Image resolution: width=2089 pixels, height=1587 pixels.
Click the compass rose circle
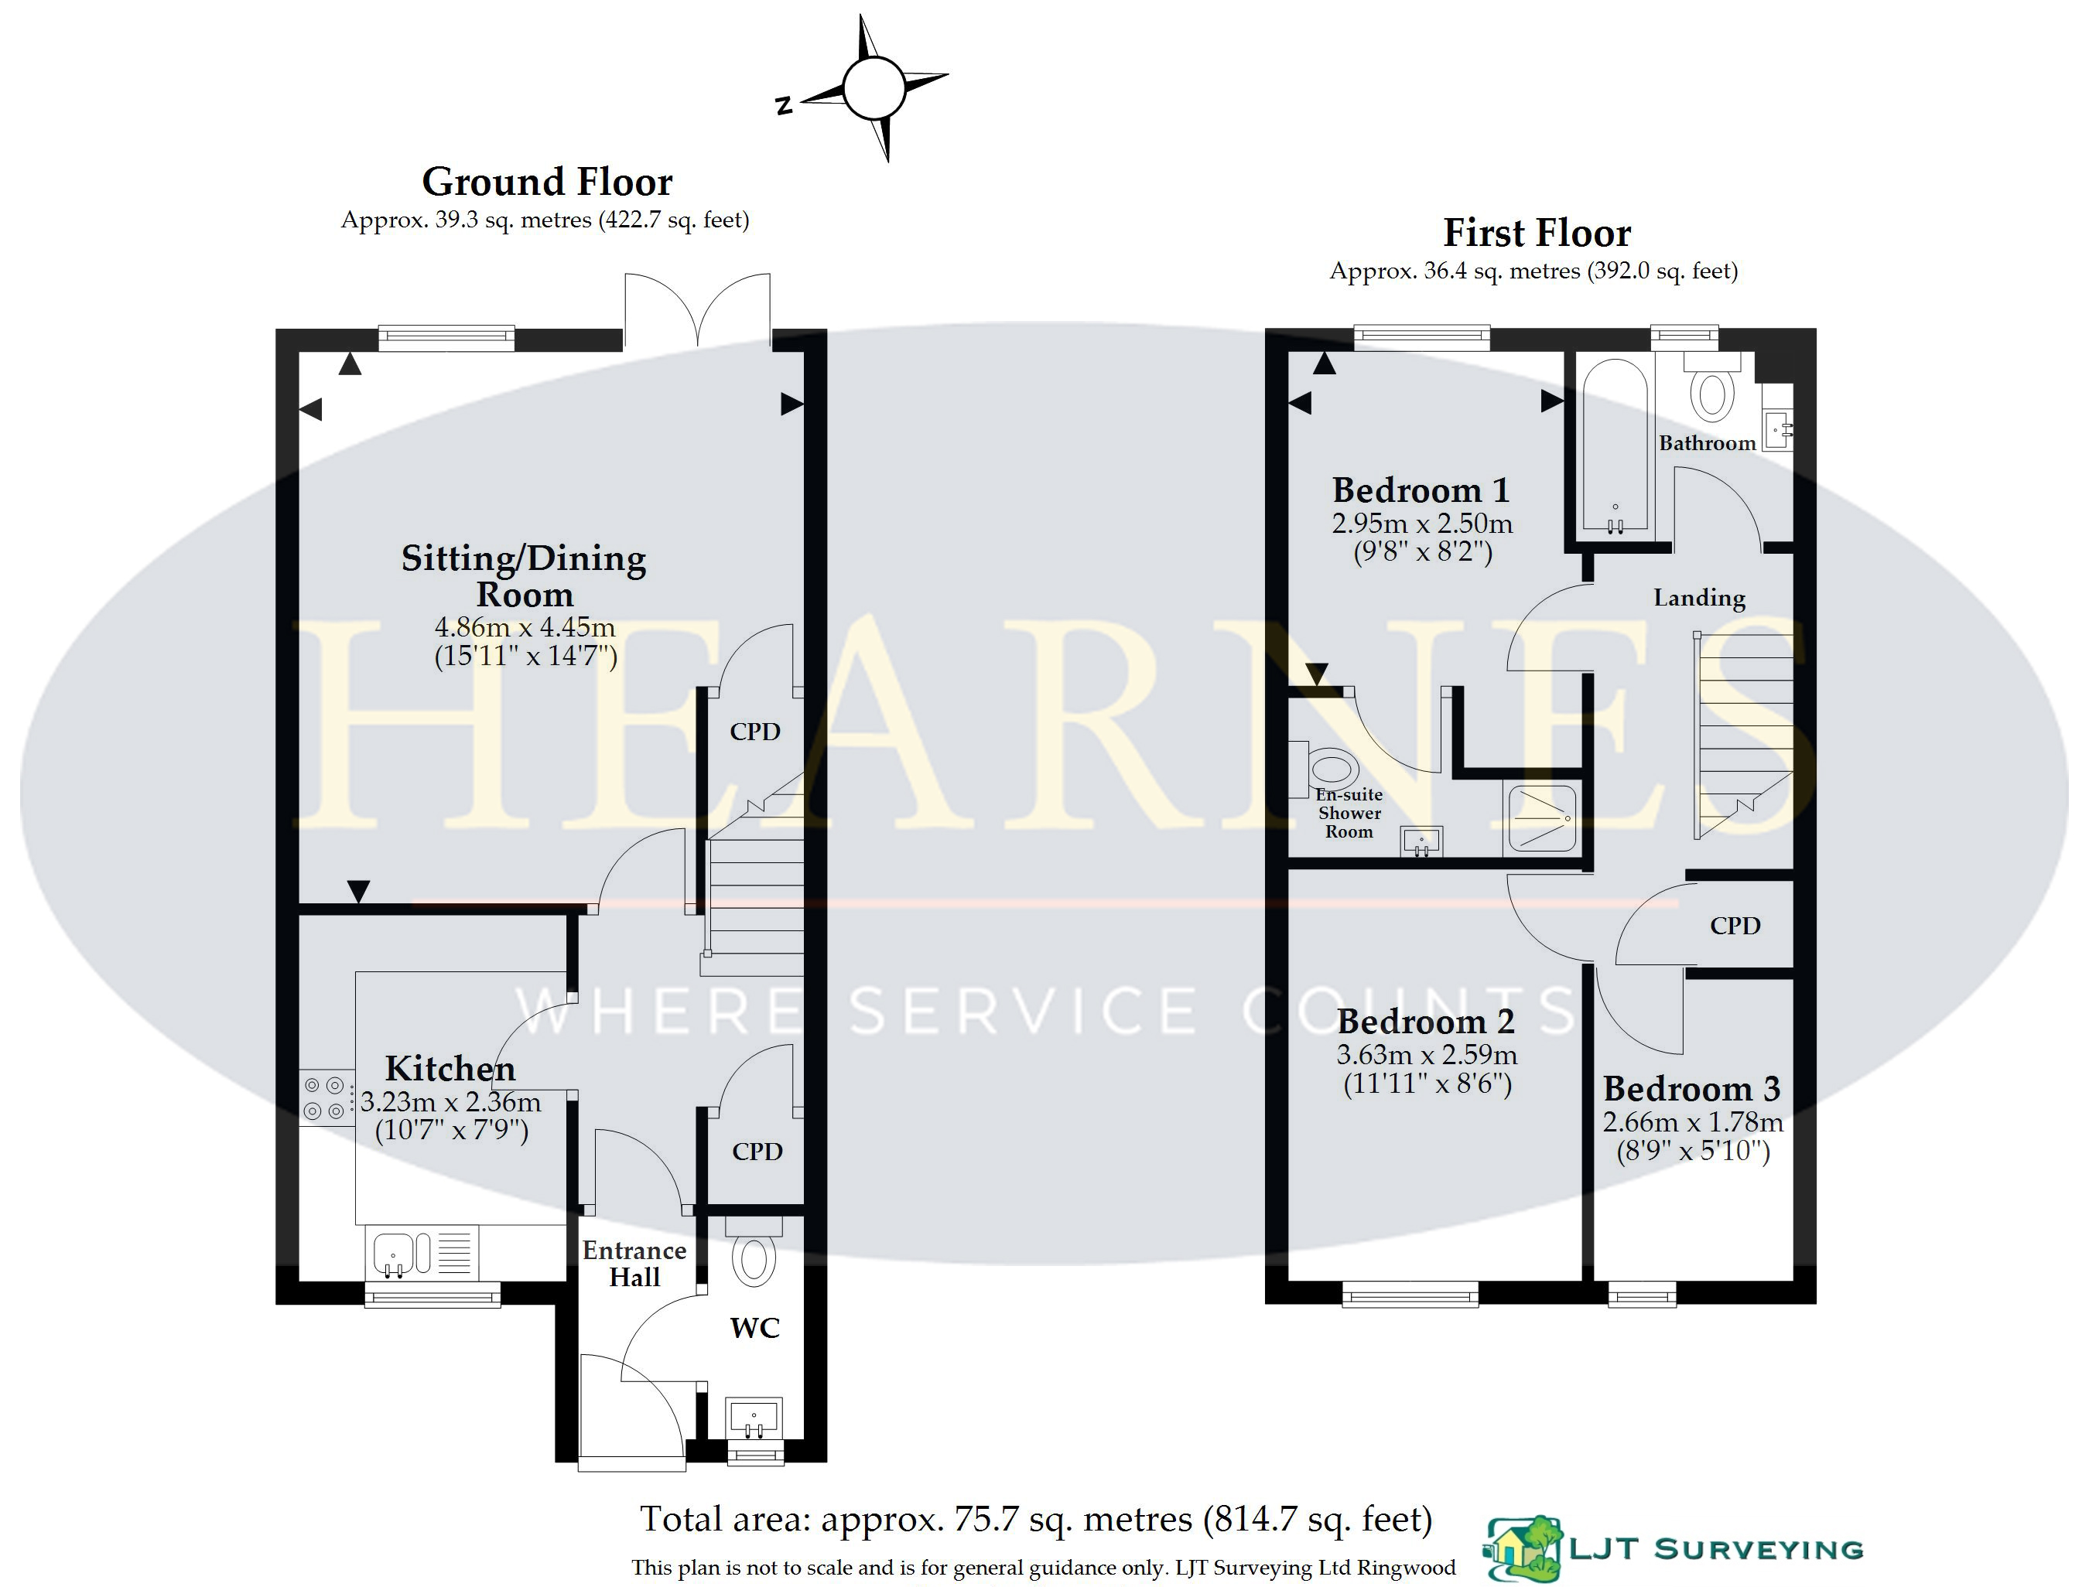(x=874, y=88)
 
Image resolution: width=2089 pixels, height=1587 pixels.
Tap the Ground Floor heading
(x=547, y=182)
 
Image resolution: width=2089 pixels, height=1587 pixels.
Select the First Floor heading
(x=1537, y=232)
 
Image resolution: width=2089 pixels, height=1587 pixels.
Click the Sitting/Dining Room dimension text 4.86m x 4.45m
(x=525, y=627)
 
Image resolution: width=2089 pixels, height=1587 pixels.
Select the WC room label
(x=755, y=1328)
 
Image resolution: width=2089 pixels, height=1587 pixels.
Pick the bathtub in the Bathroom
(x=1615, y=446)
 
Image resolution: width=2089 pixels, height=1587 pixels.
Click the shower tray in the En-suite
(x=1542, y=818)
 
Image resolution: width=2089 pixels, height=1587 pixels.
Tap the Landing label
(x=1699, y=598)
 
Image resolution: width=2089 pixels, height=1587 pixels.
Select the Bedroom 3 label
(x=1692, y=1089)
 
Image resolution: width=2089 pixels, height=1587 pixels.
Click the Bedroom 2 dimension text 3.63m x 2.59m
(x=1427, y=1055)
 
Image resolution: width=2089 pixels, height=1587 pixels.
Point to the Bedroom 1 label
(x=1421, y=490)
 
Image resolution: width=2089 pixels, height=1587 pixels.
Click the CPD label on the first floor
(x=1735, y=926)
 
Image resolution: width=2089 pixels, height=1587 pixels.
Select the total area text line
(x=1037, y=1519)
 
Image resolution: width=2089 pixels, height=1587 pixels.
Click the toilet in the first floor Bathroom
(x=1712, y=387)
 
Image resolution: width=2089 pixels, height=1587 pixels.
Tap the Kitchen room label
(x=450, y=1068)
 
